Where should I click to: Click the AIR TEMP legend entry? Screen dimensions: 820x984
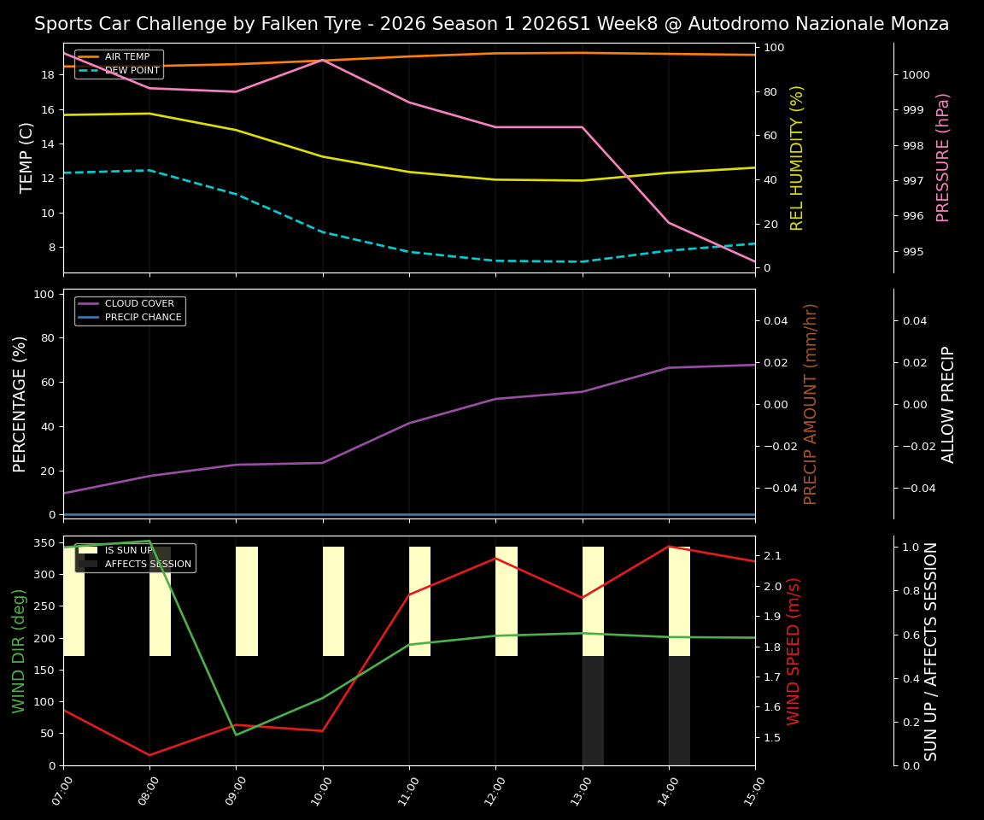tap(126, 57)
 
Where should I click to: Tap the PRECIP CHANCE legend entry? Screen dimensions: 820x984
tap(143, 318)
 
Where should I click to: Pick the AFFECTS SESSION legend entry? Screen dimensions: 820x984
tap(148, 565)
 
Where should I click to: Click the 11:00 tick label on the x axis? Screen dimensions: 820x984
tap(407, 791)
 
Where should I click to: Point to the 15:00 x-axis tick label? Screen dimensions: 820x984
tap(753, 791)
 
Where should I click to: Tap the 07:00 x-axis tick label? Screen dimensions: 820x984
tap(61, 791)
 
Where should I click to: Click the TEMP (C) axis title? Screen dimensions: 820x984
tap(27, 157)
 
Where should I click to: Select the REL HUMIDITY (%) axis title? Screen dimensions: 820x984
tap(798, 157)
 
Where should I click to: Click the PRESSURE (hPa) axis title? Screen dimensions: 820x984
tap(943, 157)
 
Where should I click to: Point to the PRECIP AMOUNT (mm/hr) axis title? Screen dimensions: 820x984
tap(811, 403)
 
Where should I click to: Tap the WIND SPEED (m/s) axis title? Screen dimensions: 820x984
tap(794, 651)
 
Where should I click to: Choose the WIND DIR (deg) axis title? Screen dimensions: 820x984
tap(19, 651)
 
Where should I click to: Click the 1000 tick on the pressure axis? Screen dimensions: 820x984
tap(916, 75)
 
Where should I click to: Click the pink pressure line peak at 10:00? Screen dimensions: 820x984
tap(323, 60)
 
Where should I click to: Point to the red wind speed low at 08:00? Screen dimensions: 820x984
tap(149, 755)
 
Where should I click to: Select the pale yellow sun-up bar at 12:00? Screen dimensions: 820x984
tap(507, 601)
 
